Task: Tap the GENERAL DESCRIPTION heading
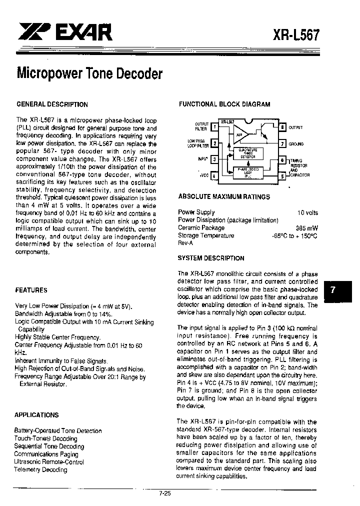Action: click(52, 104)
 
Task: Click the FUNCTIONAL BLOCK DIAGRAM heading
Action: click(224, 104)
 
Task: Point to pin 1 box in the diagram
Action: click(214, 127)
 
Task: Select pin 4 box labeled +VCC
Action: click(214, 175)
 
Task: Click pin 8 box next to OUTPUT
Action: click(282, 127)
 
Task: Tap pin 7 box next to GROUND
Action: click(282, 143)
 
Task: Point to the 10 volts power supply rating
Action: click(307, 212)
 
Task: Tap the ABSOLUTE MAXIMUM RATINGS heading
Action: click(224, 197)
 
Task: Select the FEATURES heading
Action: click(31, 290)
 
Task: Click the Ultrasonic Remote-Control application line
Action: click(49, 462)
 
